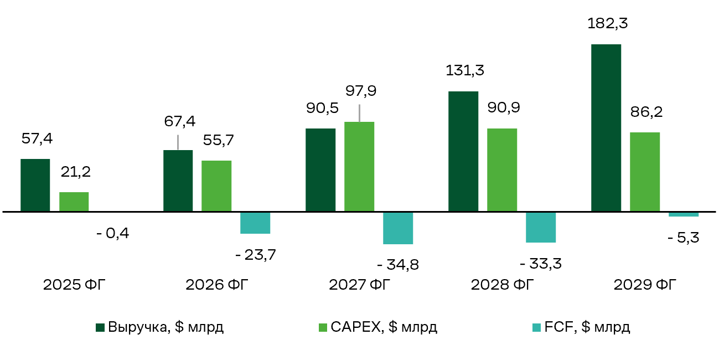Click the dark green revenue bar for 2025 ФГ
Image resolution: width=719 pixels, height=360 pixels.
(x=35, y=185)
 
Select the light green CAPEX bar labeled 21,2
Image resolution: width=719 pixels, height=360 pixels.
(x=74, y=202)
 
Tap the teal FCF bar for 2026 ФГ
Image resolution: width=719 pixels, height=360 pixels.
(x=255, y=223)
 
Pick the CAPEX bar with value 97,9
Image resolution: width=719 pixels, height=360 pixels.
(x=359, y=166)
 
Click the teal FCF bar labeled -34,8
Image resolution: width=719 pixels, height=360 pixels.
(x=398, y=228)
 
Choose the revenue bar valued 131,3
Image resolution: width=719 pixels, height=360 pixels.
(x=463, y=151)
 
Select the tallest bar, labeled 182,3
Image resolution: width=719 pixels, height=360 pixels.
(x=606, y=128)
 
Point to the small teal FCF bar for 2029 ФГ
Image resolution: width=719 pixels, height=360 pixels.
(x=684, y=214)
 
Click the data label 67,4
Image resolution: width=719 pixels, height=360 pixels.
(x=180, y=121)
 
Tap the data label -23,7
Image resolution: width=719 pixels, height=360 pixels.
(x=256, y=255)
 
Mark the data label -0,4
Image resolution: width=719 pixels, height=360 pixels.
(x=113, y=233)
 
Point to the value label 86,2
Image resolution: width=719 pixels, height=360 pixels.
(x=646, y=112)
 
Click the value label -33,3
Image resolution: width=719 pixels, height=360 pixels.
(x=541, y=264)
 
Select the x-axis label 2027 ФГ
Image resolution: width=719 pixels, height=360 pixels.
(x=360, y=285)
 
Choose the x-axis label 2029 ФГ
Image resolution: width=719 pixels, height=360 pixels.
(x=645, y=285)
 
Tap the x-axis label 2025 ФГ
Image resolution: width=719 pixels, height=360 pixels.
(x=74, y=285)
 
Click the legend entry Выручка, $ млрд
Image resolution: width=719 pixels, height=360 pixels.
(x=159, y=327)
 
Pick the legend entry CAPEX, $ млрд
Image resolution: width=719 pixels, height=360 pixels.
(x=378, y=327)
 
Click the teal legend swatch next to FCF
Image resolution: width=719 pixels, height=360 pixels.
(x=536, y=327)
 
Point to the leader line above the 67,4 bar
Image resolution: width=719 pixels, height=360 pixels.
(x=178, y=142)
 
